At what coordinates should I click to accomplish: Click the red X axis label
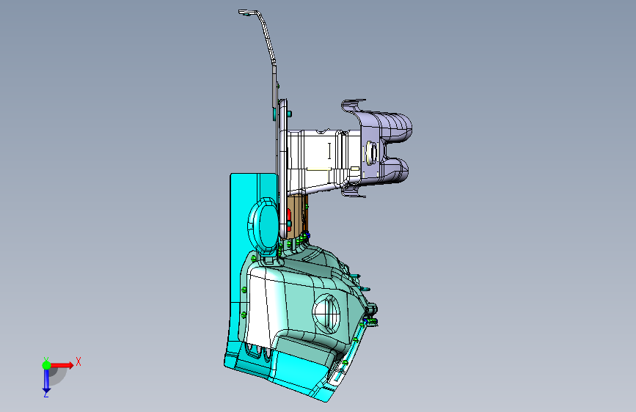pyautogui.click(x=78, y=361)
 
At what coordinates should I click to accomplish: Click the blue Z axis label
pyautogui.click(x=45, y=394)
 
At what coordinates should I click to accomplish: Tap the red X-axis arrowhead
pyautogui.click(x=70, y=365)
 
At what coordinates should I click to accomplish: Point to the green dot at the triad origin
pyautogui.click(x=47, y=365)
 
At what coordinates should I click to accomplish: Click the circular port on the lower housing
pyautogui.click(x=326, y=314)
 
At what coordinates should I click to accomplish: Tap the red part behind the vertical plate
pyautogui.click(x=289, y=220)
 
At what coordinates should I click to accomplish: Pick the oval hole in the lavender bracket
pyautogui.click(x=371, y=152)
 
